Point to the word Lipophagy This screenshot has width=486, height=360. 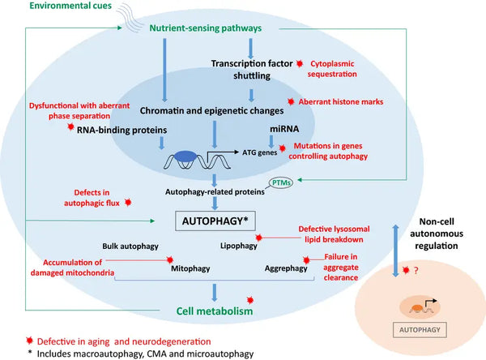click(x=236, y=243)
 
